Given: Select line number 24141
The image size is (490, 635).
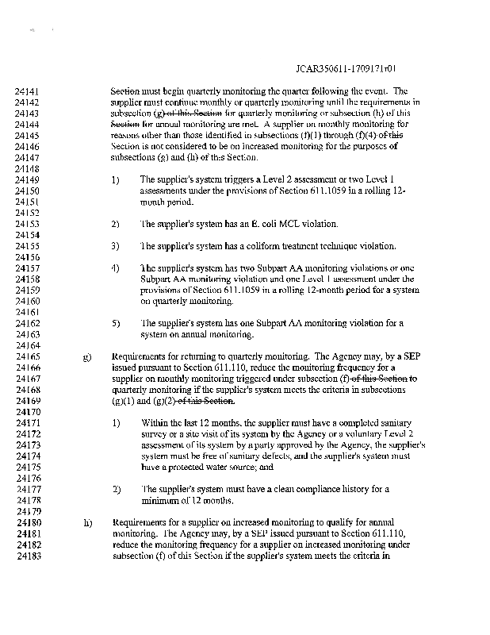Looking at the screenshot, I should (29, 91).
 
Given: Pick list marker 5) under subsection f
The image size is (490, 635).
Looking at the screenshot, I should (116, 324).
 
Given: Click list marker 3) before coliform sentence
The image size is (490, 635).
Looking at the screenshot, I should (116, 246).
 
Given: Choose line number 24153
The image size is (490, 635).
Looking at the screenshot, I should (29, 224).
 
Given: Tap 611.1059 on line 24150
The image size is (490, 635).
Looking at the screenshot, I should (301, 191).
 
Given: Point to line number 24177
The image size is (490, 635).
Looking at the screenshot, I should (29, 490).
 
